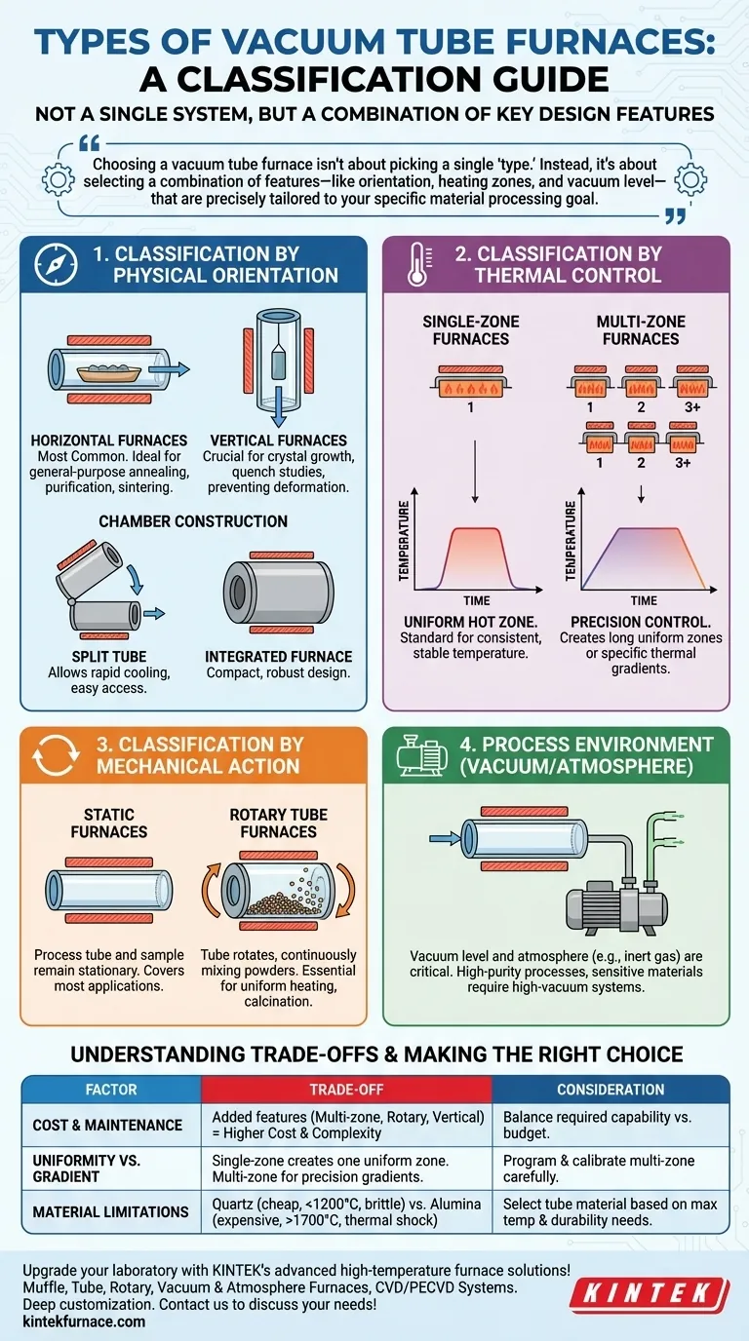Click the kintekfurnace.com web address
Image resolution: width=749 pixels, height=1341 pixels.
pos(83,1322)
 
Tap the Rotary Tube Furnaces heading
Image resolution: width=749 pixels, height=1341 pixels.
pos(278,823)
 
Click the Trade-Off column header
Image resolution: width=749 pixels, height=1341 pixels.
pos(346,1090)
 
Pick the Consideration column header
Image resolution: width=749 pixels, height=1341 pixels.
pos(611,1090)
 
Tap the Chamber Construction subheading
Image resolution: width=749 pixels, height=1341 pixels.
pos(193,521)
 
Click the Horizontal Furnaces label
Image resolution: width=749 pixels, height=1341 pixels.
pos(108,441)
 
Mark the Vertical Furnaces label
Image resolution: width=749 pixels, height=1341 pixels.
pos(278,441)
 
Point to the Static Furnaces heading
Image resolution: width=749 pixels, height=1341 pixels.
pos(109,823)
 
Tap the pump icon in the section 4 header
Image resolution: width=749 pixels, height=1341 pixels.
pos(419,755)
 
